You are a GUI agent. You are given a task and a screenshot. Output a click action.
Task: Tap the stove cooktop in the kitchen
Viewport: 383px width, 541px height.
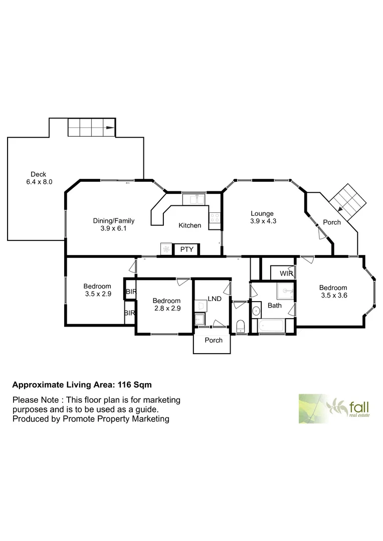(215, 218)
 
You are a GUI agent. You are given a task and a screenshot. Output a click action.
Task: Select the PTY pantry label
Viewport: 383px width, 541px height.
(186, 249)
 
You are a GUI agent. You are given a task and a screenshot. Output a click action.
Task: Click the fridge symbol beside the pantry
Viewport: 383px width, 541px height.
(166, 248)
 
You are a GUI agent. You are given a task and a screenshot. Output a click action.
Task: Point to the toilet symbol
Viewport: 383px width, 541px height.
(240, 327)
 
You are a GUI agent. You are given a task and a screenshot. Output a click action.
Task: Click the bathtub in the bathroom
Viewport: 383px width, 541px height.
(271, 327)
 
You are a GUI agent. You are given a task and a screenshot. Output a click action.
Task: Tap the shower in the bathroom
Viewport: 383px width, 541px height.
(285, 291)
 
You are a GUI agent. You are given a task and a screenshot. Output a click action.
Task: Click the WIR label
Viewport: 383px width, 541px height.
(286, 274)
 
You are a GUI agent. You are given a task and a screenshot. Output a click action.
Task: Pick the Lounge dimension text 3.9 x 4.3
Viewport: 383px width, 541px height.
(263, 221)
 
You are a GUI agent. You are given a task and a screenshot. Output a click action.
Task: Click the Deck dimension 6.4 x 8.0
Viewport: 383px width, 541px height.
(39, 182)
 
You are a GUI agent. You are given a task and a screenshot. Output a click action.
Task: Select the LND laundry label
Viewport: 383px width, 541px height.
(215, 299)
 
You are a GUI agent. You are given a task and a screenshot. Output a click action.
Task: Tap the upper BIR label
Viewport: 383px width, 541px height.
(130, 292)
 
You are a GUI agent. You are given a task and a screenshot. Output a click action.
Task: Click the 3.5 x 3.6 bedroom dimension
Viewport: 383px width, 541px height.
(333, 295)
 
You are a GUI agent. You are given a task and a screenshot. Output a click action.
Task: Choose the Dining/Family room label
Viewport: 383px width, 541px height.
(114, 220)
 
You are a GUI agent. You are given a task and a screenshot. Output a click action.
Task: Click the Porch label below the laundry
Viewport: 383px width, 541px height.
(214, 340)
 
